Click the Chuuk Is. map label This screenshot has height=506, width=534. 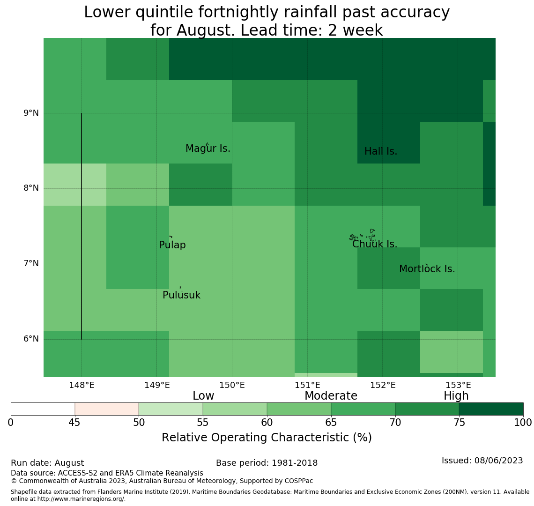click(x=375, y=244)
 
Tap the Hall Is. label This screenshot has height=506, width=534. click(x=381, y=151)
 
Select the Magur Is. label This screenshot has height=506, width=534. click(x=208, y=149)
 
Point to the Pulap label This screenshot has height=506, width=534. click(x=172, y=245)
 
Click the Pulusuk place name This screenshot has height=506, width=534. click(x=182, y=295)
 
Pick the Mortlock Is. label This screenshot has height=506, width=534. click(x=427, y=269)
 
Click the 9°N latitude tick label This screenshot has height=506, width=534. click(x=31, y=113)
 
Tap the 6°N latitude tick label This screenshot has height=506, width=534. click(x=31, y=339)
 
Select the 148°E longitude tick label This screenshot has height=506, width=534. click(x=82, y=386)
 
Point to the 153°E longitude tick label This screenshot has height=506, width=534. click(x=458, y=386)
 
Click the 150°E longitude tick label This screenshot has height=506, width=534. click(x=232, y=386)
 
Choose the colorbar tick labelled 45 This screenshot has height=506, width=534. click(x=74, y=423)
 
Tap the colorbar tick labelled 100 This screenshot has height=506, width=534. click(x=523, y=423)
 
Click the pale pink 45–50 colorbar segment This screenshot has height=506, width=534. click(x=107, y=409)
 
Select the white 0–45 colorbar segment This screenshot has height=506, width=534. click(x=43, y=409)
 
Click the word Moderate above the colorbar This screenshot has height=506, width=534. click(x=331, y=396)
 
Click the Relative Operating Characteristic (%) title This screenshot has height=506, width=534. click(x=267, y=438)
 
